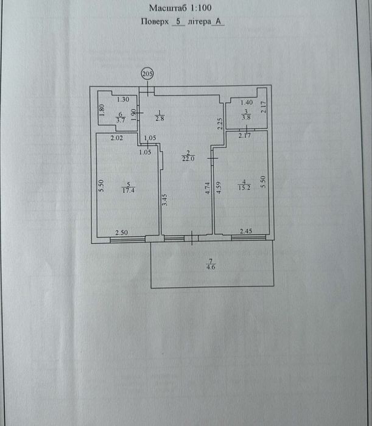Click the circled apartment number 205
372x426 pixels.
click(147, 74)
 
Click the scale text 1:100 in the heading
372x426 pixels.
click(201, 8)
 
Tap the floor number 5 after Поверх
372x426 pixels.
click(178, 21)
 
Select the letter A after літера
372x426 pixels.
click(218, 21)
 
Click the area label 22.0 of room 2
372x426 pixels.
click(188, 159)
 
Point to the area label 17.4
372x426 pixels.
click(128, 190)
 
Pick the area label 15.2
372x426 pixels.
click(244, 187)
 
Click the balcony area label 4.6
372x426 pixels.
click(211, 267)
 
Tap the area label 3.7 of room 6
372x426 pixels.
click(121, 120)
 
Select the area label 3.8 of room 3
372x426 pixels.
click(246, 117)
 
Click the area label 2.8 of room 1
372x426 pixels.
click(160, 119)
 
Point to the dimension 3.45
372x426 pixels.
click(164, 200)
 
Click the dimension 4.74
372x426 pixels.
click(208, 188)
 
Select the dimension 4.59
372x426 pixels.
click(219, 187)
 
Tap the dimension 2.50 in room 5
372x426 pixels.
click(122, 232)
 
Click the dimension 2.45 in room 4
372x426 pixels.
click(246, 231)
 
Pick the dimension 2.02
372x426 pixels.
click(116, 138)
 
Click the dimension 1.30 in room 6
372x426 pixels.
click(123, 99)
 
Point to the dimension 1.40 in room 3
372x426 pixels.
click(247, 102)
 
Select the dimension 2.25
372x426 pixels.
click(220, 124)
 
